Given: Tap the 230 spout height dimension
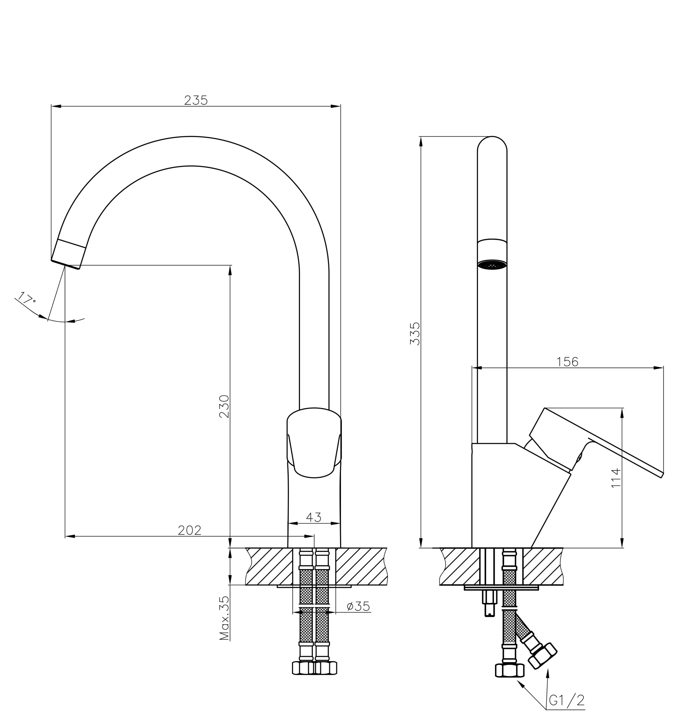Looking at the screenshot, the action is coord(224,406).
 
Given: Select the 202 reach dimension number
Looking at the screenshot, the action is coord(190,530).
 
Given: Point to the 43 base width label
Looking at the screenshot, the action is coord(314,517).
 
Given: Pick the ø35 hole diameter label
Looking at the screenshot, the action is coord(358,606).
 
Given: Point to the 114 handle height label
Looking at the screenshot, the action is coord(616,478).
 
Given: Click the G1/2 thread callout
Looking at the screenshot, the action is coord(566,700).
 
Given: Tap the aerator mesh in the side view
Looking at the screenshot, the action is coord(492,265).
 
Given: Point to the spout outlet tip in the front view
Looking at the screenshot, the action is coord(66,264).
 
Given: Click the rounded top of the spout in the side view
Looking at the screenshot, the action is coord(492,143).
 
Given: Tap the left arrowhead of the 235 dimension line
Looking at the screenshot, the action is coord(56,106).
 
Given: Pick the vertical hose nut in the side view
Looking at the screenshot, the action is coord(509,670).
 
